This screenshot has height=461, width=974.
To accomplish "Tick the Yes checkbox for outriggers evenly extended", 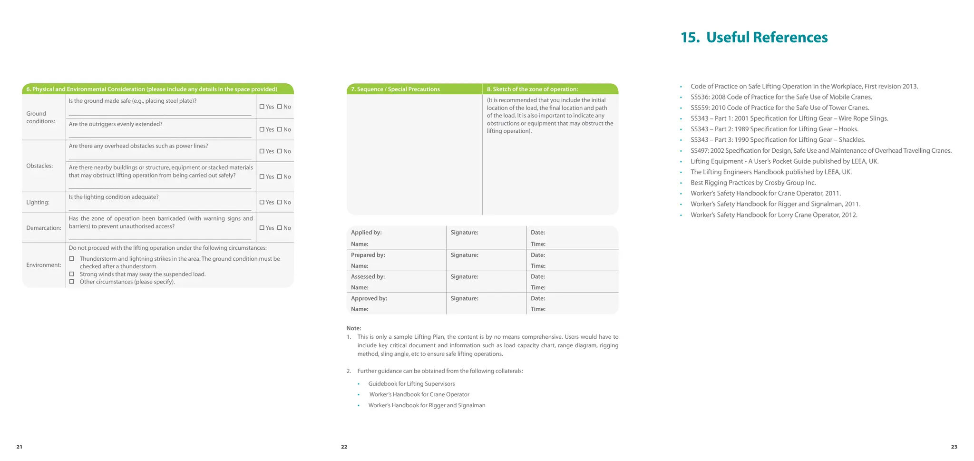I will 262,129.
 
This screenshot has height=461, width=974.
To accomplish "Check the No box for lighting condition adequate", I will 280,202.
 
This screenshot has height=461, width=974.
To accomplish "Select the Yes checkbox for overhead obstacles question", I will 262,151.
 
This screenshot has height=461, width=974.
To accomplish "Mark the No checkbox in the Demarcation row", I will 280,228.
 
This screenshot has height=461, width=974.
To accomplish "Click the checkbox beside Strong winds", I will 72,274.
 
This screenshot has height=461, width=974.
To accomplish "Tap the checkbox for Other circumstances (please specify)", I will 72,282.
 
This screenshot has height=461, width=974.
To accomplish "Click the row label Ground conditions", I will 40,118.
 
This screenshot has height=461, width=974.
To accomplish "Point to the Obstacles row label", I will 39,166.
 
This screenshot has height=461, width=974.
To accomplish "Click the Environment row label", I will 43,265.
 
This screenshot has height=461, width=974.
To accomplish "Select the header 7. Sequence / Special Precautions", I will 395,89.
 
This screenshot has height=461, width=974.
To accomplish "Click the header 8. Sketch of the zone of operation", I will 532,89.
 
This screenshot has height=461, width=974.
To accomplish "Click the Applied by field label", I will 366,233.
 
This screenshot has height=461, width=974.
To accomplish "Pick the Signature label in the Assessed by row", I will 464,276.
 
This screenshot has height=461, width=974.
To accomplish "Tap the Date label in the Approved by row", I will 537,298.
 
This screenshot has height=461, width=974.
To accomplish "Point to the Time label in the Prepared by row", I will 538,266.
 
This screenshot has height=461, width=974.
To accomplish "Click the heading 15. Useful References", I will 754,38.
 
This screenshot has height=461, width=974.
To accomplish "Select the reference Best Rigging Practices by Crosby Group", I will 753,183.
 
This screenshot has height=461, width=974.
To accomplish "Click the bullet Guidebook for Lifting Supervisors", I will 411,384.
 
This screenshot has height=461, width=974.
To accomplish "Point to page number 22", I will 344,447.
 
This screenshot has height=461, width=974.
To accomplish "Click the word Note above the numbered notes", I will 353,328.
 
